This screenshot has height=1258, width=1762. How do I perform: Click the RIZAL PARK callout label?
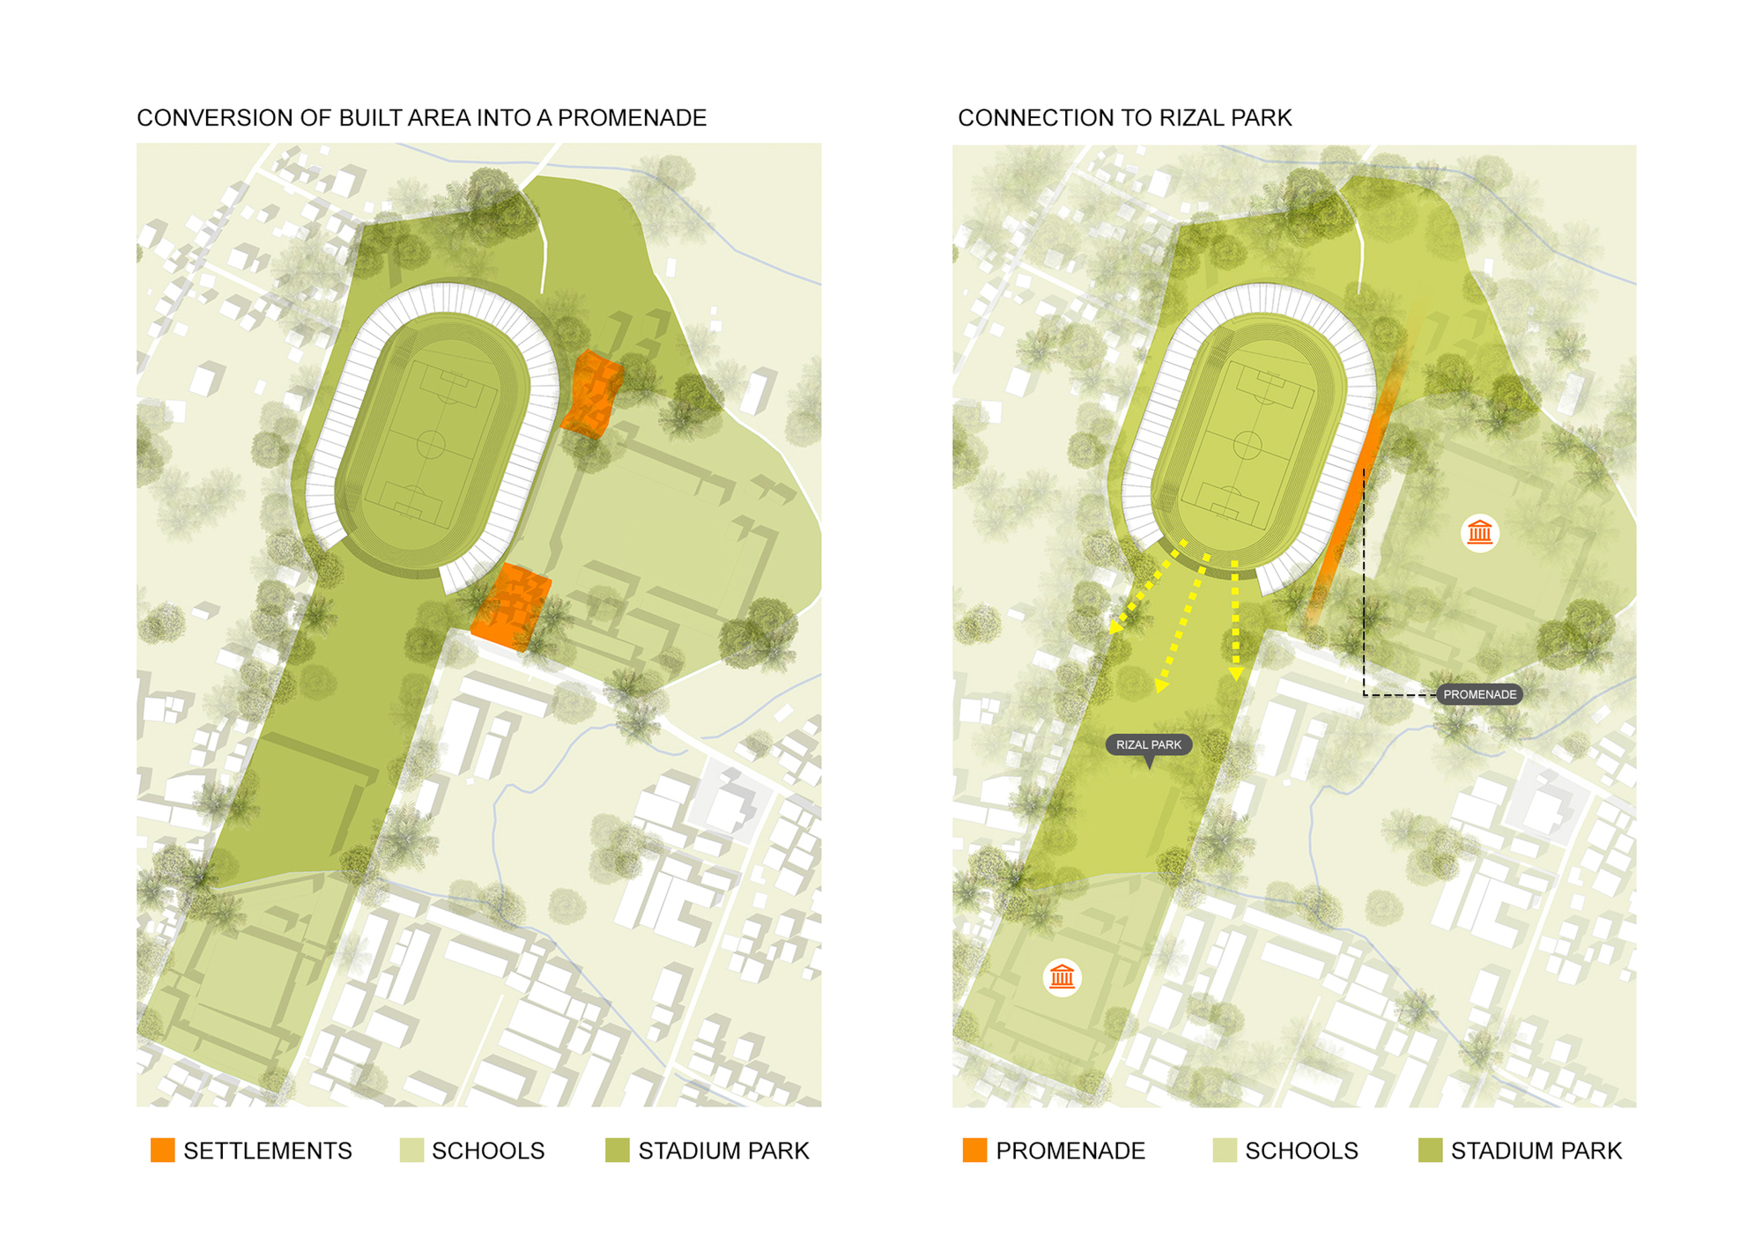coord(1149,745)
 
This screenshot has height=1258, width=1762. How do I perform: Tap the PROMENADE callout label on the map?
coord(1479,695)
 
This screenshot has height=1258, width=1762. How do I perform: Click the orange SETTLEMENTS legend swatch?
coord(163,1151)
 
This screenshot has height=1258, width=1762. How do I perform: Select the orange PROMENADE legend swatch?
coord(975,1151)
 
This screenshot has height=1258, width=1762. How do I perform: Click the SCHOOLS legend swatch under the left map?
coord(411,1151)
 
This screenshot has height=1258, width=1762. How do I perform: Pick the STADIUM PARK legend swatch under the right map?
coord(1431,1151)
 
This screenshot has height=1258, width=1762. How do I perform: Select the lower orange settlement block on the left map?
coord(511,607)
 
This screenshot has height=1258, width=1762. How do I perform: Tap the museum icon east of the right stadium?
coord(1480,533)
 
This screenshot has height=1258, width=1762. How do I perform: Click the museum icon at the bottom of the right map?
coord(1062,977)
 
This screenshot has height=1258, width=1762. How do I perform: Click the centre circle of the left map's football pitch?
coord(430,444)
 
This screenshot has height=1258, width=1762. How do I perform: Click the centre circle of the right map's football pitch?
coord(1247,445)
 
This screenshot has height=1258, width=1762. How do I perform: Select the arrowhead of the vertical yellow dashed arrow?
coord(1236,673)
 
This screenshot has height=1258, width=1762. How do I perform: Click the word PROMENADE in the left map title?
coord(632,118)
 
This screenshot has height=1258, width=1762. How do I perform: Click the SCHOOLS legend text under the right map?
coord(1301,1151)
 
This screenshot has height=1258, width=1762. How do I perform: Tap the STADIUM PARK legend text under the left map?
coord(723,1151)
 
